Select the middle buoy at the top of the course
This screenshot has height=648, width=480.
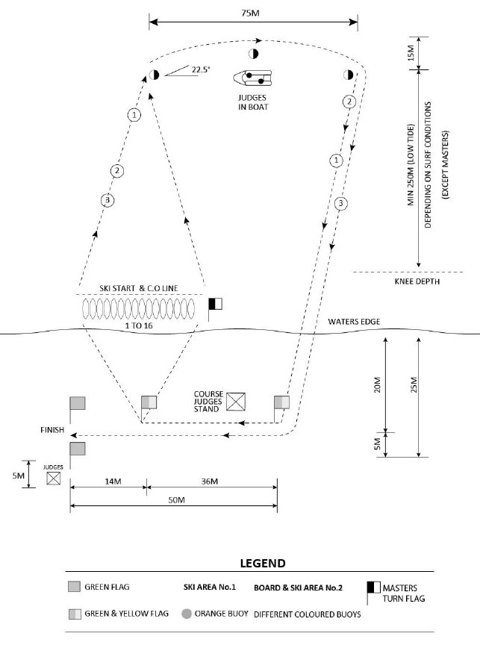point(253,54)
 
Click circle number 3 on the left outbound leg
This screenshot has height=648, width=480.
point(108,200)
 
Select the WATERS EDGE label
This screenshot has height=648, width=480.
point(354,322)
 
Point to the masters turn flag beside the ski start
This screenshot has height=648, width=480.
point(216,304)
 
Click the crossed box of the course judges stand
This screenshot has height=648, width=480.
point(237,402)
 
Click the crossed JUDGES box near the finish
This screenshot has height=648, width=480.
point(54,478)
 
